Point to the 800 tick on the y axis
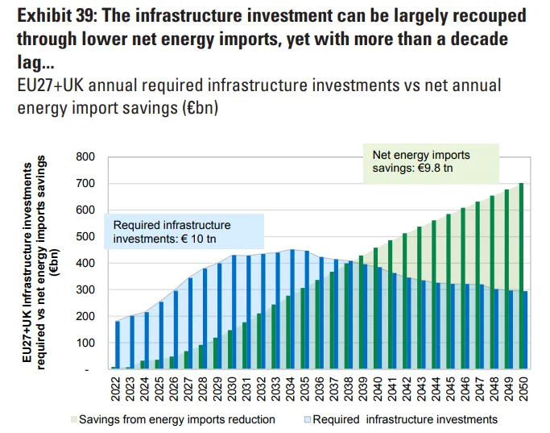coord(87,156)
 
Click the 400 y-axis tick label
coord(87,263)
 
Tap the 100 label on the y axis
coord(87,343)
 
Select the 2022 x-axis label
coord(114,389)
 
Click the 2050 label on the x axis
coord(523,389)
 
